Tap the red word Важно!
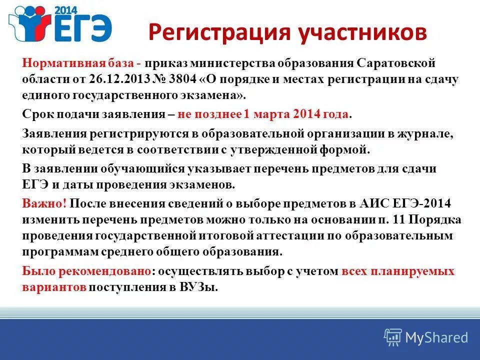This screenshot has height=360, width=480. (x=45, y=204)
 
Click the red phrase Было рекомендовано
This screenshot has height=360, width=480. (x=86, y=271)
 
